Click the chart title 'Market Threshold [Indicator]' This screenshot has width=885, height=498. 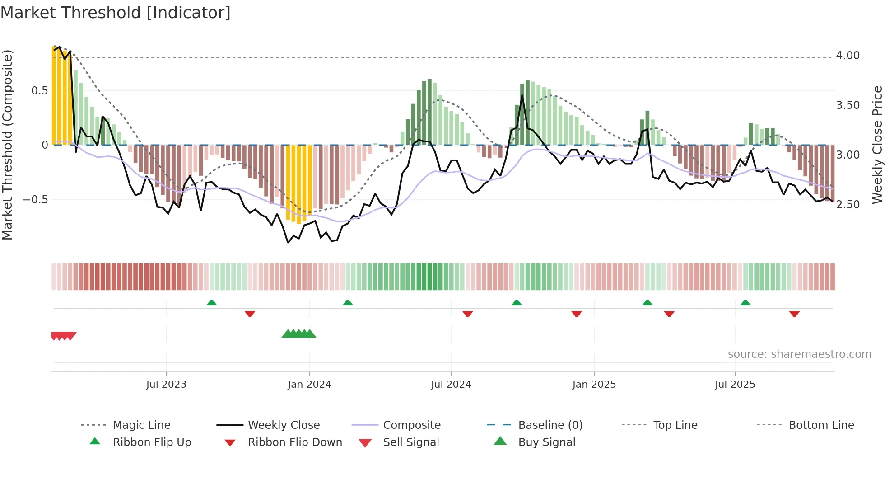click(116, 13)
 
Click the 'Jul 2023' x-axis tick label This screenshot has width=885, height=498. click(166, 385)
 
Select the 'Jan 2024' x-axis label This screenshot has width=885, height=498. click(309, 385)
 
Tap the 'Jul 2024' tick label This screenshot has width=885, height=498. click(451, 385)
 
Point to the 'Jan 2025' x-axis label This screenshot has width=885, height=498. click(594, 385)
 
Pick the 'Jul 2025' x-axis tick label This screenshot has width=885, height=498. click(735, 385)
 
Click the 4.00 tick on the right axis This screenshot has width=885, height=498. click(848, 56)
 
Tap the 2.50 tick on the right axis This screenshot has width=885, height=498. click(848, 205)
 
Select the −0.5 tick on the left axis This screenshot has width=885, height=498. click(36, 200)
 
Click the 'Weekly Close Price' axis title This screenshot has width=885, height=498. click(877, 145)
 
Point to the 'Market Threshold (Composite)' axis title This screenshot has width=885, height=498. click(7, 145)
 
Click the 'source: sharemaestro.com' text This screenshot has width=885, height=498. click(799, 354)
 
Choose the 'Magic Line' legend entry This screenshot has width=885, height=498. click(141, 425)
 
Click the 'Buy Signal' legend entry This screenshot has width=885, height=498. click(546, 442)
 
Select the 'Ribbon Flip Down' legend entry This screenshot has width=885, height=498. click(295, 442)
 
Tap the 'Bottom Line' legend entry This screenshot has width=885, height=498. click(821, 425)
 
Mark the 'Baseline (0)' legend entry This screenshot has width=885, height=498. click(550, 425)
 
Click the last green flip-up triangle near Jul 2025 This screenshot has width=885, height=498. click(745, 303)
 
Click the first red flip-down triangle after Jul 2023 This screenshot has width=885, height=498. click(250, 314)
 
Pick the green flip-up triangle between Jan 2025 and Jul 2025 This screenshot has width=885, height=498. click(647, 303)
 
